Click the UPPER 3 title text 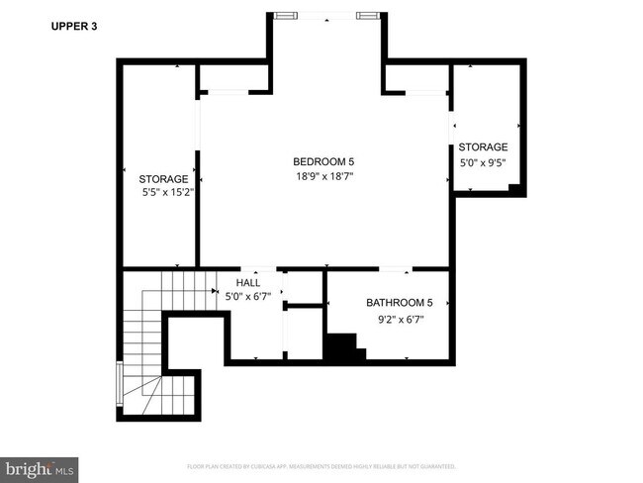(x=73, y=27)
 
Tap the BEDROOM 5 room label (x=323, y=161)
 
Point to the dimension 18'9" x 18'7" (x=323, y=176)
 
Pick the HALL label (x=247, y=282)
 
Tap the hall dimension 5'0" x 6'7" (x=247, y=296)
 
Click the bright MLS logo (x=40, y=465)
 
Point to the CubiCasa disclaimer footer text (x=321, y=465)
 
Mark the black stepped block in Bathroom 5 (x=342, y=347)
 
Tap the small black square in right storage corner (x=513, y=188)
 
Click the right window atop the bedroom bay (x=367, y=16)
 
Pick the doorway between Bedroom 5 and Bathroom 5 (x=396, y=268)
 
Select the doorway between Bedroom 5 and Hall (x=259, y=268)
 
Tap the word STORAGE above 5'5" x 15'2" (x=162, y=179)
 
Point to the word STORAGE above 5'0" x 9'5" (x=483, y=146)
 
